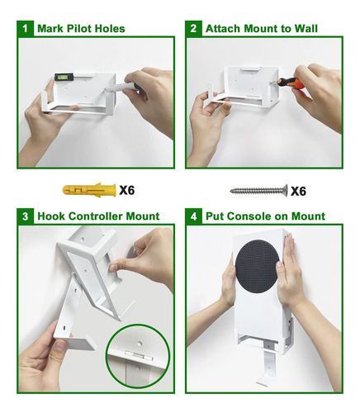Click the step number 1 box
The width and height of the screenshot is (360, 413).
click(25, 28)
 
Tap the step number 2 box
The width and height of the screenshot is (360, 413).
click(193, 28)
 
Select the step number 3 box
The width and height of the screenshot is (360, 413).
click(25, 216)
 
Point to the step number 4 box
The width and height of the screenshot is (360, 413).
click(193, 216)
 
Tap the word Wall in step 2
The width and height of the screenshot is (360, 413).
click(306, 28)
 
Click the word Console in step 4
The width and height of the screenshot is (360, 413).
click(250, 216)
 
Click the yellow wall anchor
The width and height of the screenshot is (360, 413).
click(89, 190)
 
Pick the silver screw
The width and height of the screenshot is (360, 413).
click(259, 191)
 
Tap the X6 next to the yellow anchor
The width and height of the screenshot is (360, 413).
click(127, 190)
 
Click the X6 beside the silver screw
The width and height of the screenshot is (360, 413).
click(298, 191)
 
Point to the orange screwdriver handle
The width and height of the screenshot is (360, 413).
click(291, 83)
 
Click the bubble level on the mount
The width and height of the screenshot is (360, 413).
click(64, 77)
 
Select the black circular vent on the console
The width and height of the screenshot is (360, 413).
click(258, 266)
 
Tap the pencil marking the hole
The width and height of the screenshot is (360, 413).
click(122, 87)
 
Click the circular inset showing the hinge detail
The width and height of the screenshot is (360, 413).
click(138, 356)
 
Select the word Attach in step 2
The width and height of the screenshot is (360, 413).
click(223, 28)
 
